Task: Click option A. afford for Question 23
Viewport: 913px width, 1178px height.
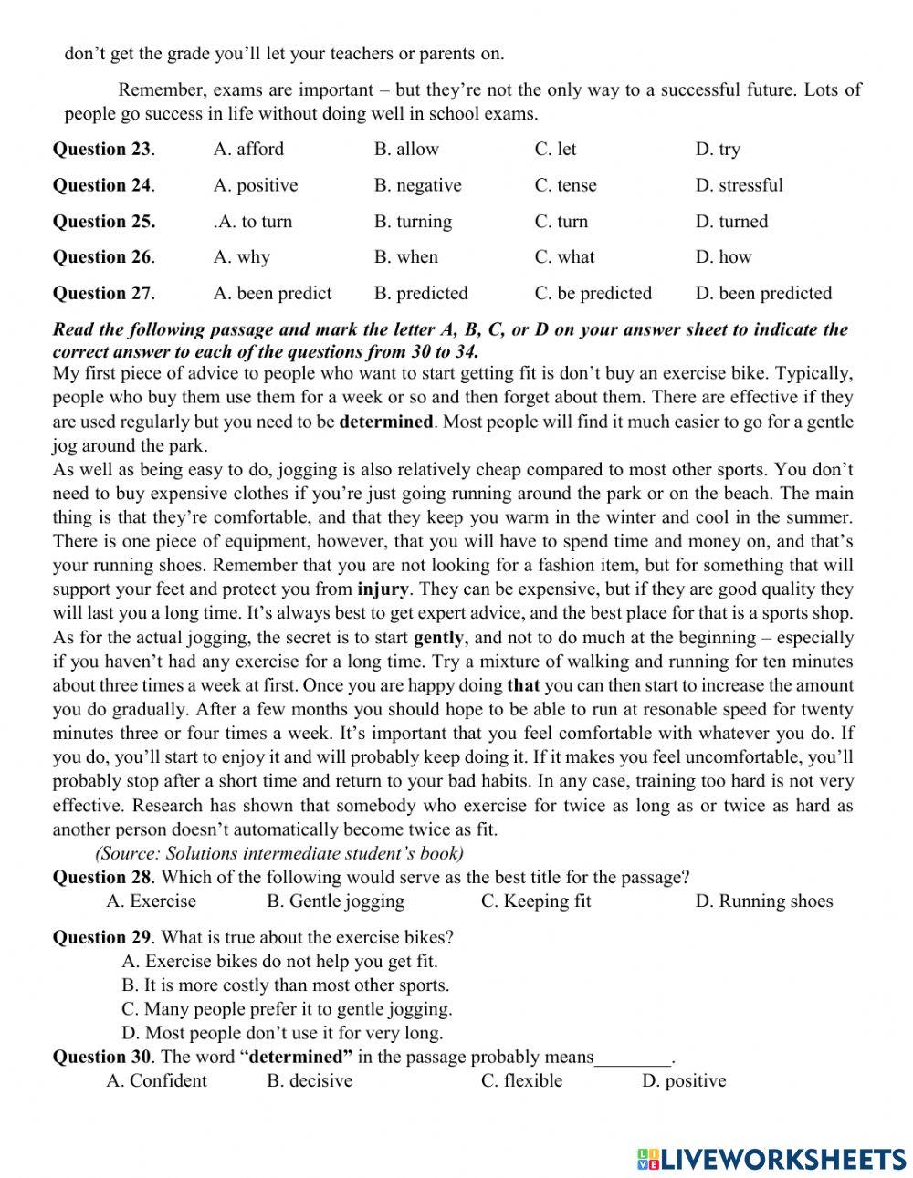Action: tap(248, 150)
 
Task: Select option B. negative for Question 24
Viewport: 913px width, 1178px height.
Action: tap(417, 185)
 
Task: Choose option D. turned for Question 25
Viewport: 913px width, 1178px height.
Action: tap(731, 222)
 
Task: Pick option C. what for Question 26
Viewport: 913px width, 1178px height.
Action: tap(564, 257)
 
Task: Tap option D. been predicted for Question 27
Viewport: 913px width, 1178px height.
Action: tap(763, 294)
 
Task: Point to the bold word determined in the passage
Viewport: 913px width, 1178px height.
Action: tap(386, 422)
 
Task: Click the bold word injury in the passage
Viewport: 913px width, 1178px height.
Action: tap(383, 589)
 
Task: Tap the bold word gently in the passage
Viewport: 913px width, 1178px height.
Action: tap(438, 638)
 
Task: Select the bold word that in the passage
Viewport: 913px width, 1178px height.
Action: tap(523, 685)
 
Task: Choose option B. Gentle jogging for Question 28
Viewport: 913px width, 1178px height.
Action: tap(335, 902)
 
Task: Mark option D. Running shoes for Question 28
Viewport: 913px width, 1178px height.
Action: tap(763, 902)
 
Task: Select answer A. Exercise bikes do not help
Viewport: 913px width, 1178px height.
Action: tap(279, 961)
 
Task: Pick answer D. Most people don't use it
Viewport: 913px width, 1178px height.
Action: tap(282, 1033)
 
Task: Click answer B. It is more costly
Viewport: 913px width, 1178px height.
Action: tap(285, 985)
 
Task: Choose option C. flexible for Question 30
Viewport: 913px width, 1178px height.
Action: tap(521, 1081)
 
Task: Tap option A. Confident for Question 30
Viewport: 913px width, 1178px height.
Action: tap(156, 1081)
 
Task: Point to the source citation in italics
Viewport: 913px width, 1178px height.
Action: tap(279, 853)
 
